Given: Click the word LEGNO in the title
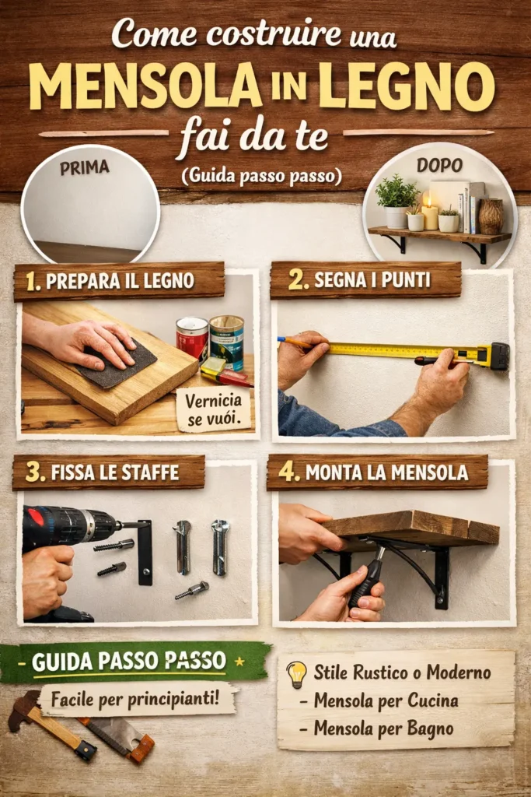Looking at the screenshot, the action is click(406, 86).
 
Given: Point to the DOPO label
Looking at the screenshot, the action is click(439, 165).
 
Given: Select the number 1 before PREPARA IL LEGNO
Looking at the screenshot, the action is click(33, 283).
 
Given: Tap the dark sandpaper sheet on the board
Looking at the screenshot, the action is click(118, 362).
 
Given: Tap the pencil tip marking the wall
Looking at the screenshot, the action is click(279, 339).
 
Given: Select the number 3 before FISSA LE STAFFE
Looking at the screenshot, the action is click(35, 472).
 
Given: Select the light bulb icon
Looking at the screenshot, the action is click(296, 675).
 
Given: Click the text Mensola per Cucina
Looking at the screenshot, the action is click(386, 701).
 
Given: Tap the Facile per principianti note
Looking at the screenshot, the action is click(135, 700).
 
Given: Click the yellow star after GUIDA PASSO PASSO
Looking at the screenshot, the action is click(240, 662).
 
